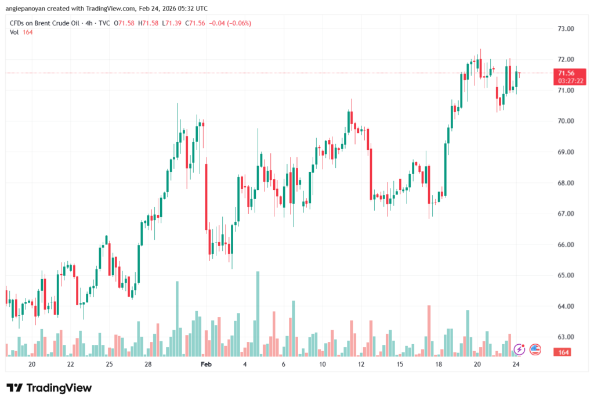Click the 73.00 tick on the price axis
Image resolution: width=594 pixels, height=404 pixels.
(566, 28)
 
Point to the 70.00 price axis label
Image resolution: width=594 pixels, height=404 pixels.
(566, 121)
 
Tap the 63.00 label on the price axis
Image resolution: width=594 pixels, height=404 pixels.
(566, 337)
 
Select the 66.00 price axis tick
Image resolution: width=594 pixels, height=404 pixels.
(566, 244)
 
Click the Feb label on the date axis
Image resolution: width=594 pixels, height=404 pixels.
(206, 364)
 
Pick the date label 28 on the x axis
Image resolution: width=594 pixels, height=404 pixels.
(148, 364)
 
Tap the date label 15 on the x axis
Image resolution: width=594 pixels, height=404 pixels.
(400, 364)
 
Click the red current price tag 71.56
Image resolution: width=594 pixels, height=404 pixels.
(566, 73)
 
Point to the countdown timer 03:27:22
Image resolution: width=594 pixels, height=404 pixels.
(566, 81)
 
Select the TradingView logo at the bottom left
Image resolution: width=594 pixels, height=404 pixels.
(49, 388)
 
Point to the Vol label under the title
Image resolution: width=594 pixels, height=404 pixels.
(15, 32)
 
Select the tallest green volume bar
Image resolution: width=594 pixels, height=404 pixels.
(258, 313)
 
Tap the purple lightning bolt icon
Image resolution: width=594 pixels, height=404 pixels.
(519, 349)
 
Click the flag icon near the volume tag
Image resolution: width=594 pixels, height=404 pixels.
(535, 349)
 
